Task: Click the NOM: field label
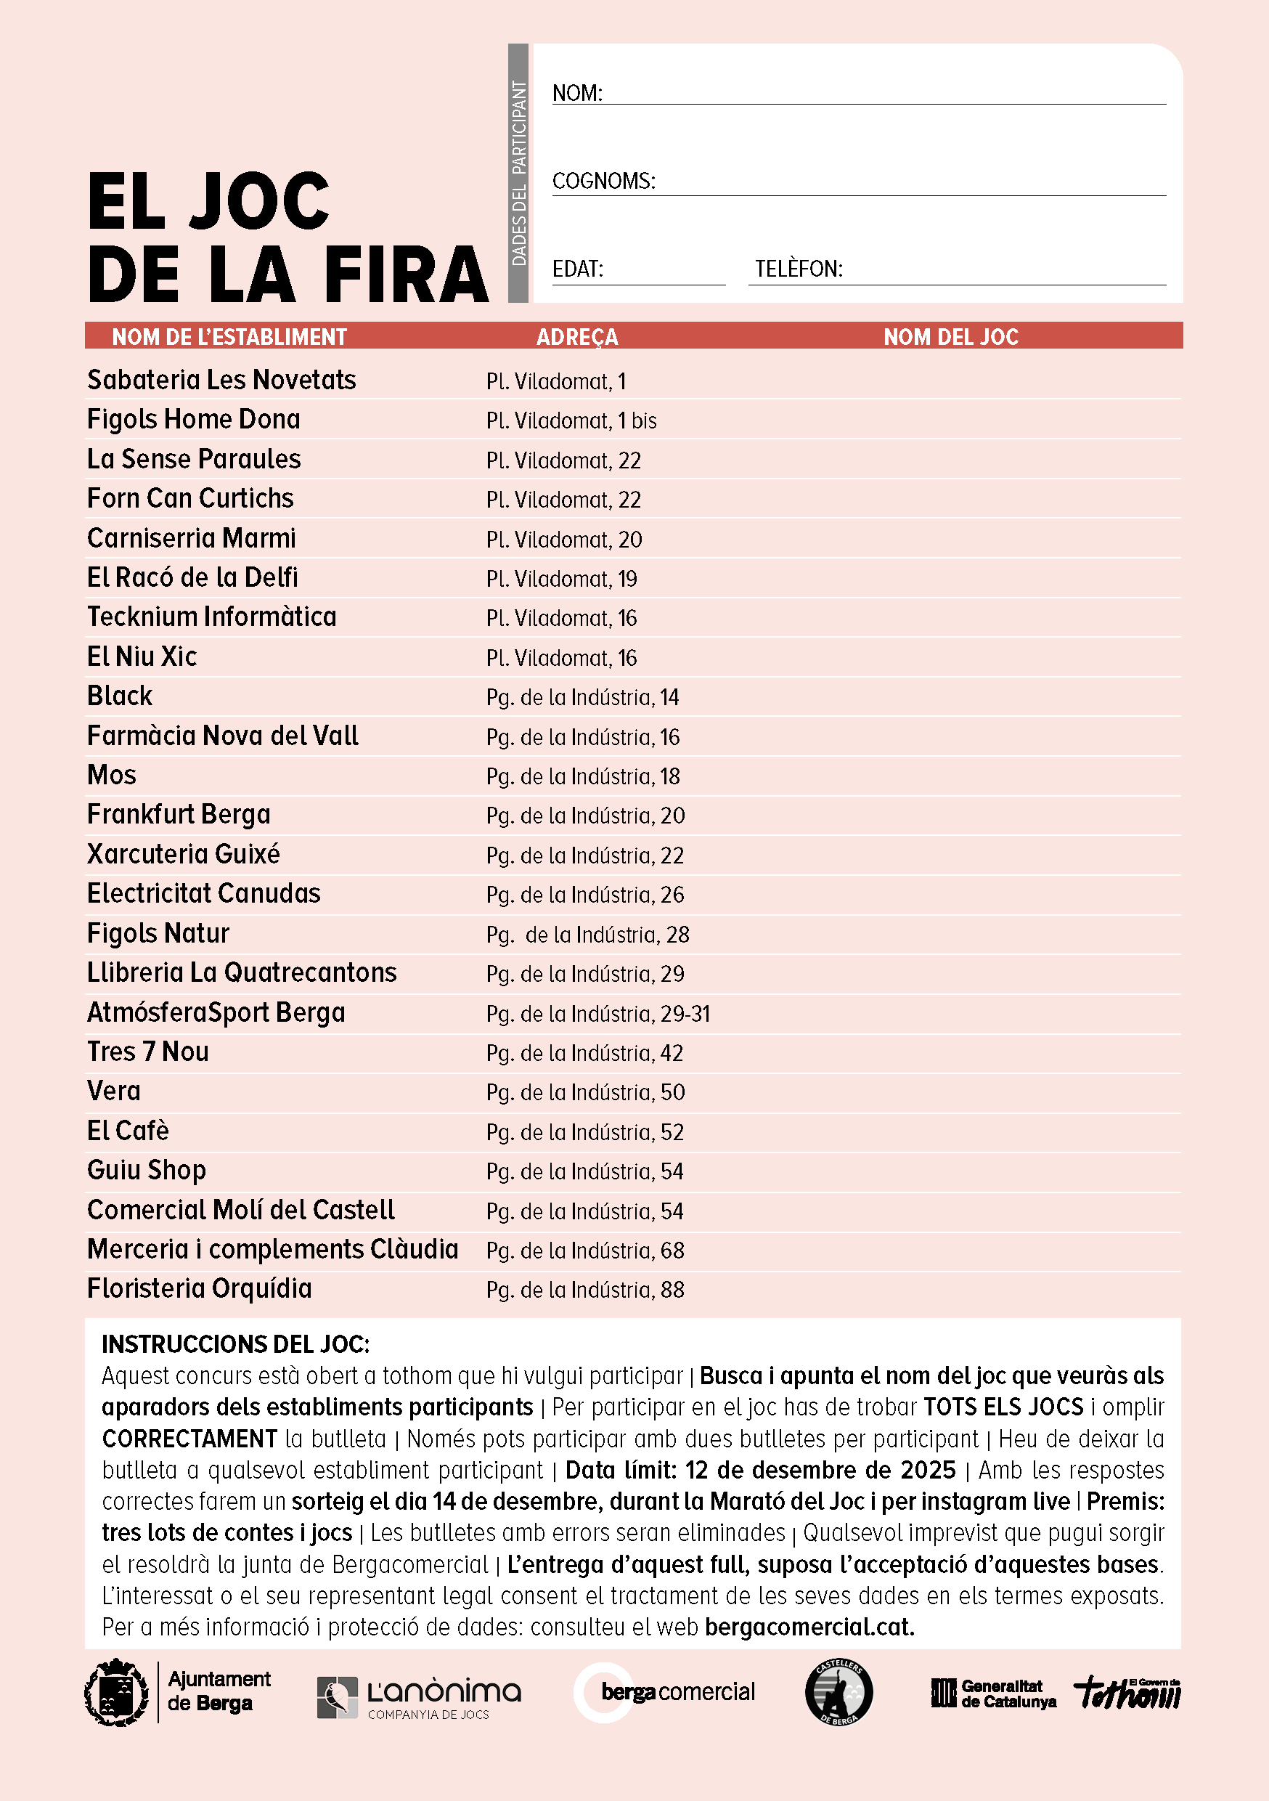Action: [577, 94]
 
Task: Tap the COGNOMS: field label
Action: [603, 182]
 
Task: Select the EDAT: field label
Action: [577, 269]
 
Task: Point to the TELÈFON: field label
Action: [799, 269]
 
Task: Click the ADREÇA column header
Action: [577, 337]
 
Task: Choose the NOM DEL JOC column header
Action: [950, 337]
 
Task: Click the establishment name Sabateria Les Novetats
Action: [221, 381]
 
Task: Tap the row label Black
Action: [120, 696]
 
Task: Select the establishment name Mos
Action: [112, 776]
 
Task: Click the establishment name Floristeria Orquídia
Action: [199, 1290]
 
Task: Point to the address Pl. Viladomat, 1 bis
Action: [571, 421]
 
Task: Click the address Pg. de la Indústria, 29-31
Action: [597, 1015]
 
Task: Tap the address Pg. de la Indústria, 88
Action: [585, 1290]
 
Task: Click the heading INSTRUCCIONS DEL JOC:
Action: [235, 1344]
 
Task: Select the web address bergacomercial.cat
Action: [809, 1627]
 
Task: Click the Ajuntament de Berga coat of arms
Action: [117, 1693]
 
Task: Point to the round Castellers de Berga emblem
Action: [838, 1693]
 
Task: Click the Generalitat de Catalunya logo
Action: [993, 1694]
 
